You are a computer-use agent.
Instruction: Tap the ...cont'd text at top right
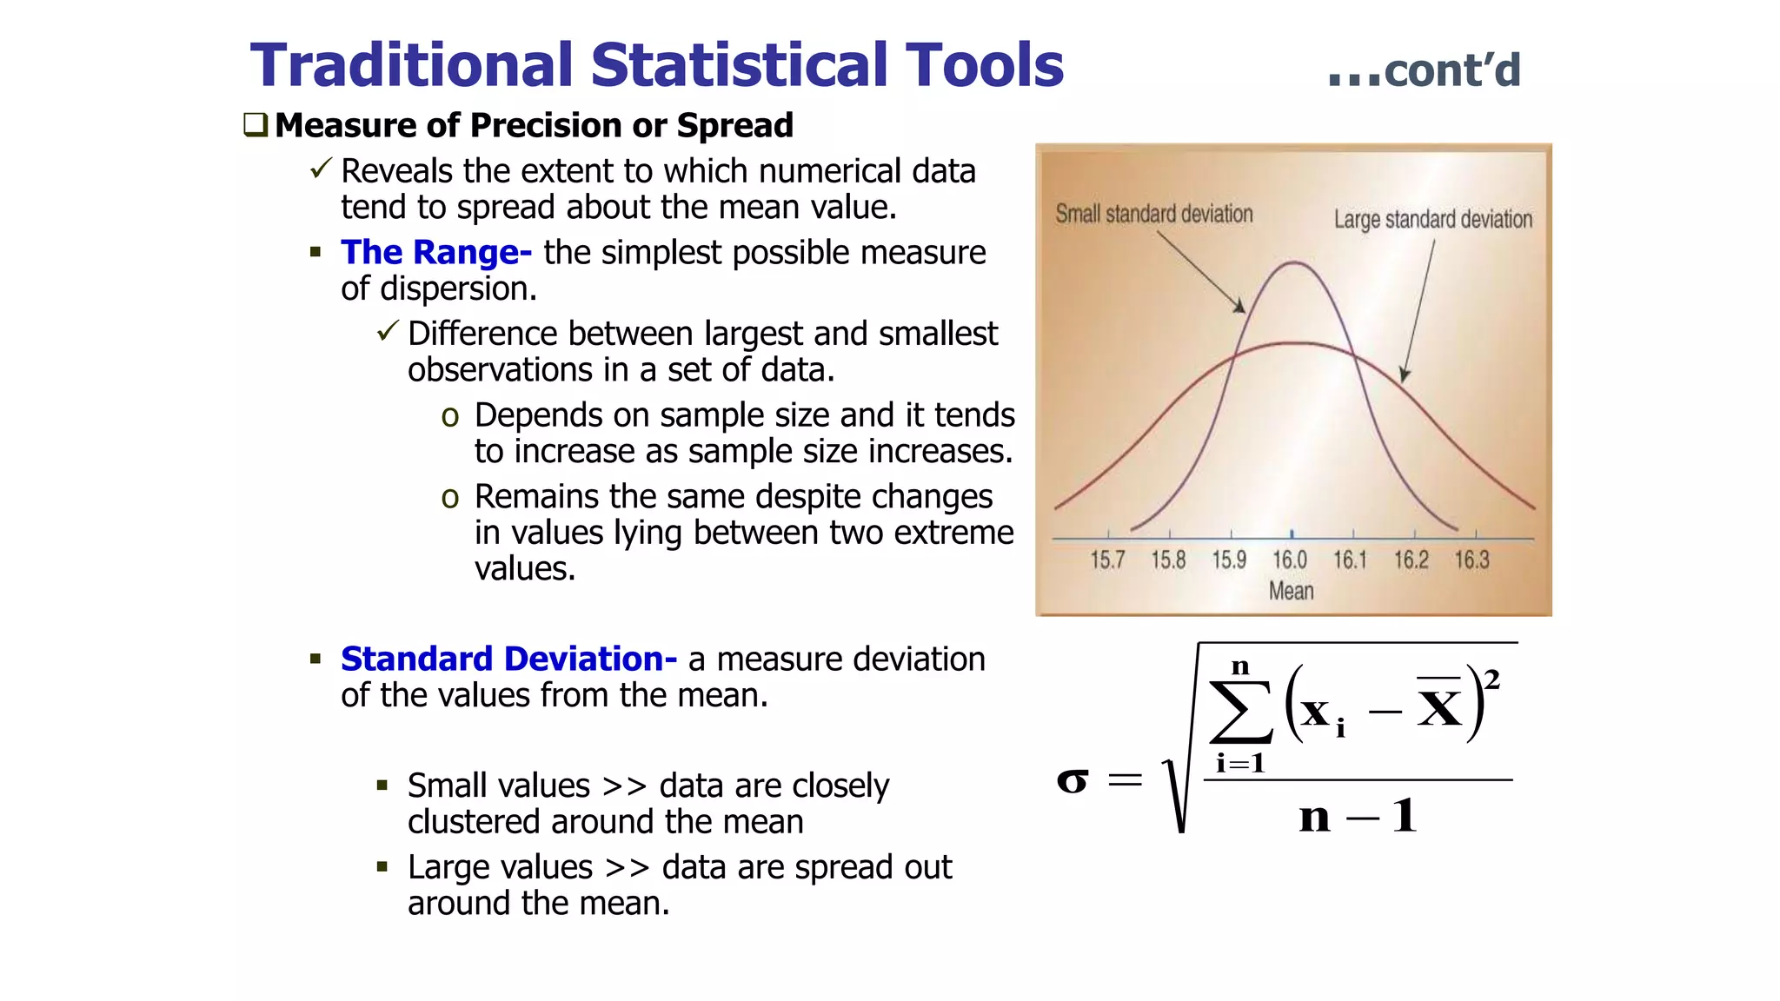1425,70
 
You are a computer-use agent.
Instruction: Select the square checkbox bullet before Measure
256,125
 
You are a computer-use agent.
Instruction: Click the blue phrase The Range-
435,253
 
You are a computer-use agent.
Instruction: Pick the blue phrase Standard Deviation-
508,660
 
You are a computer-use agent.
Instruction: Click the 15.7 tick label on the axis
1107,560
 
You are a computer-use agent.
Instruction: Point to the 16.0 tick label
1290,560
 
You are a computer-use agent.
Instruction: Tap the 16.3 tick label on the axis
1472,560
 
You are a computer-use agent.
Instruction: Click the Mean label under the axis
1291,592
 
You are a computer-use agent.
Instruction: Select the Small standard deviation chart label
1153,214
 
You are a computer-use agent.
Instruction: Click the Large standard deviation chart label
1432,219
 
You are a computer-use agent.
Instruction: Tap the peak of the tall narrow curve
1294,262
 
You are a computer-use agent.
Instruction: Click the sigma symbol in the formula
1073,780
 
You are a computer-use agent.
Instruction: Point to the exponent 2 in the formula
1492,679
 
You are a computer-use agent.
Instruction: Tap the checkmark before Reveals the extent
321,169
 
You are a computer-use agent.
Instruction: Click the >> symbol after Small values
624,786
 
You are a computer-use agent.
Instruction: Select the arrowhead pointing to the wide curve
1404,375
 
